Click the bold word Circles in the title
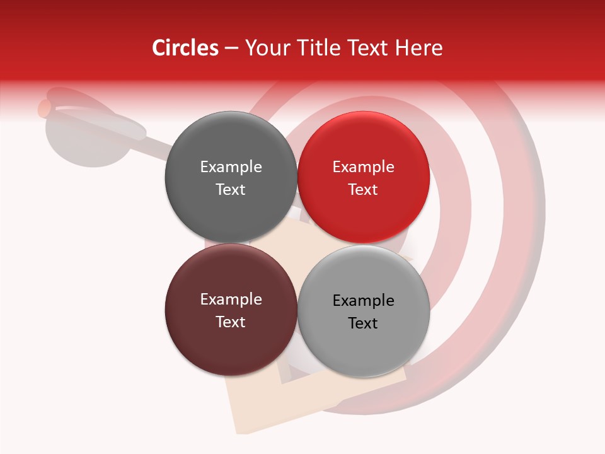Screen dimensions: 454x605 (185, 48)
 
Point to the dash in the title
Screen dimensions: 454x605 (231, 49)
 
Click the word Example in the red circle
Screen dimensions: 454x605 (363, 167)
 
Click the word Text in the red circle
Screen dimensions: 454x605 (363, 190)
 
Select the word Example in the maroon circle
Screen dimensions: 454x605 (231, 300)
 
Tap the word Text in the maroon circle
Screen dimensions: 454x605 (231, 322)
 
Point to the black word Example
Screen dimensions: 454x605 (363, 301)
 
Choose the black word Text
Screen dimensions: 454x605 (363, 323)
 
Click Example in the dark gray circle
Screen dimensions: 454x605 (231, 167)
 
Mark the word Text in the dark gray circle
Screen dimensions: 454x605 (231, 190)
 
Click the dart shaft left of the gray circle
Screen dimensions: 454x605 (158, 146)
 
